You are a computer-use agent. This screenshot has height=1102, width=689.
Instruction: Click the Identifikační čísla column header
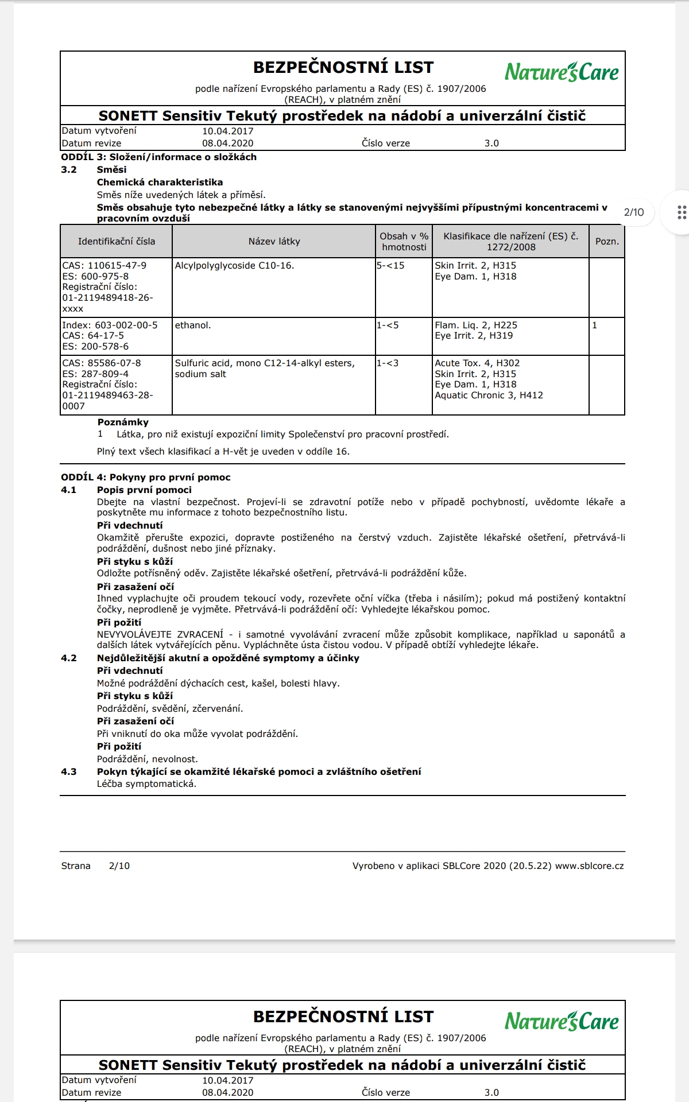click(x=117, y=242)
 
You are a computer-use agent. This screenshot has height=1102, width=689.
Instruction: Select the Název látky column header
click(x=274, y=242)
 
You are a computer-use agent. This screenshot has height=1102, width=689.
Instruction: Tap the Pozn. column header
click(x=607, y=242)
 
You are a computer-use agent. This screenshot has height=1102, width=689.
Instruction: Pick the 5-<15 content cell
click(x=391, y=266)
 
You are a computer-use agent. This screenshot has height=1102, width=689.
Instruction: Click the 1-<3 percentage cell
click(x=388, y=363)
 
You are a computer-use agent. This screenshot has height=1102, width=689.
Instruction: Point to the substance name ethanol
click(x=193, y=325)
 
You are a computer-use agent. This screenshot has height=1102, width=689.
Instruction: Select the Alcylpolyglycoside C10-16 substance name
click(x=234, y=266)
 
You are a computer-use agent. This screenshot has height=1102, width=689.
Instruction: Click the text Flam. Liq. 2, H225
click(x=476, y=325)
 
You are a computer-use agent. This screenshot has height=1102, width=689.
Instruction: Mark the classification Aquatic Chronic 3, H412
click(x=489, y=395)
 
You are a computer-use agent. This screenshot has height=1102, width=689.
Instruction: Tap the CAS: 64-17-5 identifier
click(x=93, y=336)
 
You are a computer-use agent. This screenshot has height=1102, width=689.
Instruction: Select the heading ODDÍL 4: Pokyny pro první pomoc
click(x=146, y=478)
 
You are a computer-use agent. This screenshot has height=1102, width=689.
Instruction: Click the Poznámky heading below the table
click(x=123, y=422)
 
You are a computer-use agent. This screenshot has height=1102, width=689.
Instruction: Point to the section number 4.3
click(x=69, y=772)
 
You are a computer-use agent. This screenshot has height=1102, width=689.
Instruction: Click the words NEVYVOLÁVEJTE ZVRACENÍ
click(x=160, y=635)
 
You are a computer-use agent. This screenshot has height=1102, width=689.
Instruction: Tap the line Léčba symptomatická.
click(x=146, y=784)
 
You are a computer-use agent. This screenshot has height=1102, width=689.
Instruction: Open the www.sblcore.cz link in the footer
click(x=589, y=866)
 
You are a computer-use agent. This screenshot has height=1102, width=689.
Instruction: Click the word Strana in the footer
click(x=76, y=866)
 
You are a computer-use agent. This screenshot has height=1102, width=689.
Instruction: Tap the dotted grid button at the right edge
click(x=682, y=212)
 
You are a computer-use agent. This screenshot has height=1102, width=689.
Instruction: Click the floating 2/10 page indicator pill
click(x=634, y=212)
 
